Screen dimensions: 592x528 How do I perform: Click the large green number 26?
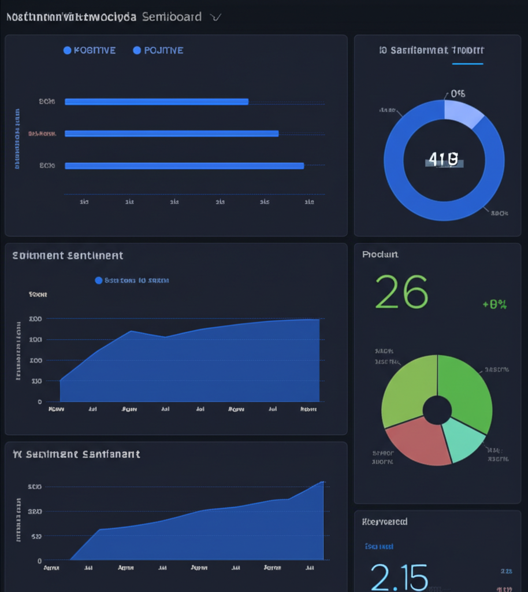click(401, 291)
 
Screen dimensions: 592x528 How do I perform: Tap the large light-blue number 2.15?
click(399, 576)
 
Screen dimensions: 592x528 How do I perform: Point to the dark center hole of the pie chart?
click(437, 410)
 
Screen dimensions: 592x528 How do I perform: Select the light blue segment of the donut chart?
click(462, 112)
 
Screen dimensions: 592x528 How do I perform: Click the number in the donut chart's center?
click(444, 160)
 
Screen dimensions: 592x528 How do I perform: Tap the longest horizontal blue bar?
click(184, 166)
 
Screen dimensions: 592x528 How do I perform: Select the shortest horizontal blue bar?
click(157, 102)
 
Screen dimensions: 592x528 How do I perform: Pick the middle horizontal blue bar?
click(172, 134)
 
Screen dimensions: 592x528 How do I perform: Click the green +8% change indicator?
click(494, 304)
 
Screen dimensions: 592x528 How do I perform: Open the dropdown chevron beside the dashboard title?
click(216, 17)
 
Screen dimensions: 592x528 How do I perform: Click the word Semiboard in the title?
click(172, 17)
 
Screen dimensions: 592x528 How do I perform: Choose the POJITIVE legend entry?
click(158, 50)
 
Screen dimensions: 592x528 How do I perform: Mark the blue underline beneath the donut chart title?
click(467, 64)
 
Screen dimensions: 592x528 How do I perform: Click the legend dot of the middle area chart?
click(99, 280)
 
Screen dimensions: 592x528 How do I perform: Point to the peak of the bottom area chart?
click(322, 482)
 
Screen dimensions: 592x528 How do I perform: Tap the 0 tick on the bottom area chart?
click(39, 560)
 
